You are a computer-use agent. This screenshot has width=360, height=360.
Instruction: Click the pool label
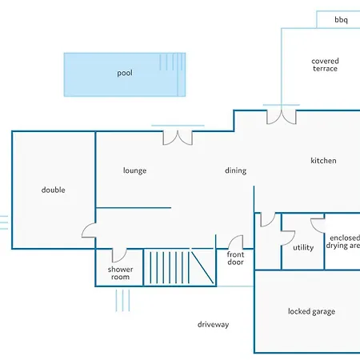click(x=125, y=73)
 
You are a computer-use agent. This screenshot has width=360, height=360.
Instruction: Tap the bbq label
click(x=341, y=20)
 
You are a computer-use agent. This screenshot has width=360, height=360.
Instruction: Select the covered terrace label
click(x=325, y=65)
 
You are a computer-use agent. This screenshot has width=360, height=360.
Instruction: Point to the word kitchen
click(x=323, y=161)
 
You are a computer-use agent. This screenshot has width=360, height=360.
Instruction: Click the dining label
click(x=235, y=170)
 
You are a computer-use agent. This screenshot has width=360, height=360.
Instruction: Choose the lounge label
click(x=134, y=170)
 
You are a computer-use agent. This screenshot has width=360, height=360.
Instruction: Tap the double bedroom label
click(x=54, y=190)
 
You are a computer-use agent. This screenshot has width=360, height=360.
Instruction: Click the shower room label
click(x=120, y=273)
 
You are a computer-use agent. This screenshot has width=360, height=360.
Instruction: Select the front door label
click(x=235, y=258)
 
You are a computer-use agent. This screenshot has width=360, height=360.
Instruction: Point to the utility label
click(x=303, y=247)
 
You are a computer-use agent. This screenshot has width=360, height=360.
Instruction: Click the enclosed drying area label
click(x=342, y=242)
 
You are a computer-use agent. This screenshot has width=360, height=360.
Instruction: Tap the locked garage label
click(x=311, y=311)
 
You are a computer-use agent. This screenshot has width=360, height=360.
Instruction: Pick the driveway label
click(x=213, y=325)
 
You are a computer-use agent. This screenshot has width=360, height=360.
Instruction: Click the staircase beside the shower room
click(x=180, y=267)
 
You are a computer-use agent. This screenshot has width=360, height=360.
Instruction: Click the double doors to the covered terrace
click(x=282, y=117)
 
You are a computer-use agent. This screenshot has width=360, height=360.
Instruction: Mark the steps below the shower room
click(x=122, y=301)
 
